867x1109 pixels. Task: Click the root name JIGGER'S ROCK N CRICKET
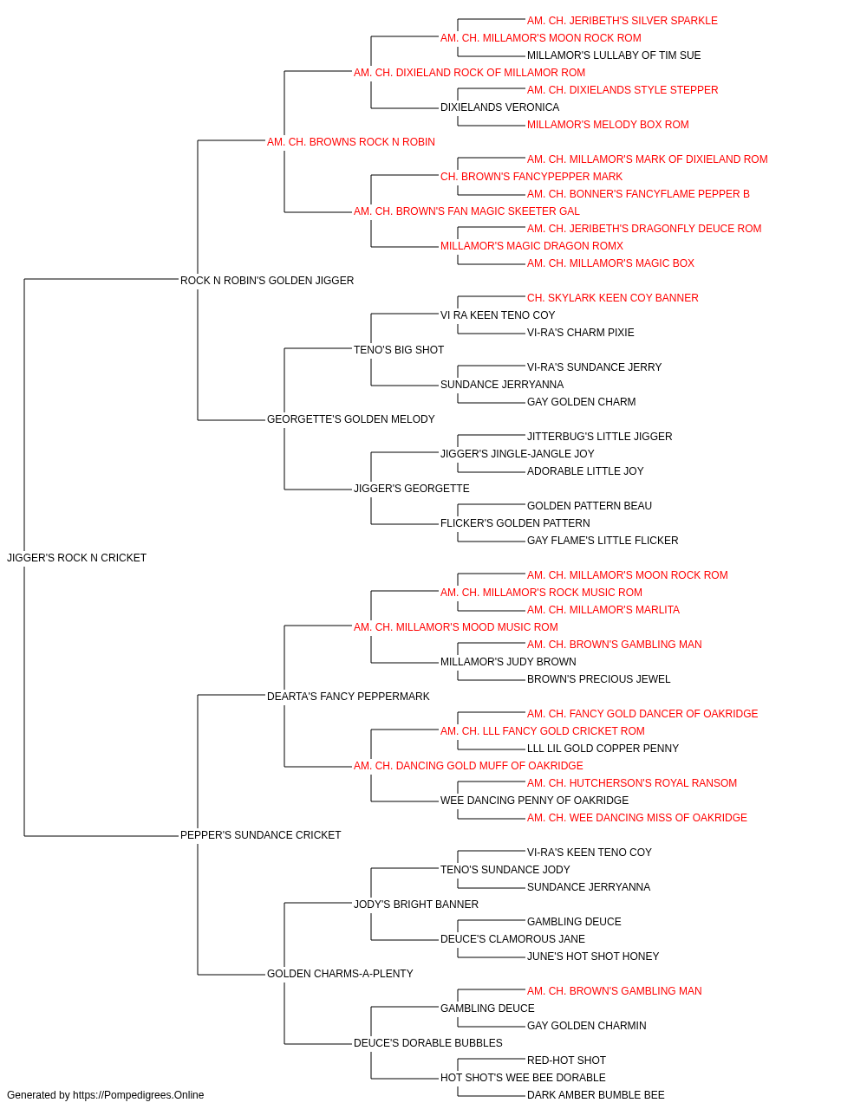(76, 558)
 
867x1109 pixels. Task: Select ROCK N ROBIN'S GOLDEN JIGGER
(267, 281)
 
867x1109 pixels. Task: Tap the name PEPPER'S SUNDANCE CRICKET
(260, 835)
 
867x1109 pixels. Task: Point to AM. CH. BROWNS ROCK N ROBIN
(351, 142)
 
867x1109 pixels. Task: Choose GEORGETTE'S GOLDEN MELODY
(351, 419)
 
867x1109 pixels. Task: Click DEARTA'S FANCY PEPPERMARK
(349, 697)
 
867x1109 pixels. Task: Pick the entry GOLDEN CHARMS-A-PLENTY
(340, 974)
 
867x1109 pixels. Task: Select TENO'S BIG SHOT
(399, 350)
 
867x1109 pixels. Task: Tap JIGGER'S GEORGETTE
(412, 489)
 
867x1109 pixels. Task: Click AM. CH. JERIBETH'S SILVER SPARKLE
(622, 21)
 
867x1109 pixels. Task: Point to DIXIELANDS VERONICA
(500, 107)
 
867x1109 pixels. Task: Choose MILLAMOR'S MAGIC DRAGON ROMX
(531, 246)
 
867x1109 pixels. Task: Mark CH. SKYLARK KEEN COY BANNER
(613, 298)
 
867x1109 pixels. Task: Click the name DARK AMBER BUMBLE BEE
(596, 1095)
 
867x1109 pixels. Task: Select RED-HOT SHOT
(566, 1060)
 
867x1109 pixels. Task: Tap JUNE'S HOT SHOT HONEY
(593, 957)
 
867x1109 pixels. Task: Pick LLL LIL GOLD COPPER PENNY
(603, 749)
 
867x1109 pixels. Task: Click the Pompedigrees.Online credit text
(105, 1095)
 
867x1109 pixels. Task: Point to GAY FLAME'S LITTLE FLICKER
(603, 541)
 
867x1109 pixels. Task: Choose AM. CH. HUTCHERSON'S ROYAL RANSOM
(632, 783)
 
